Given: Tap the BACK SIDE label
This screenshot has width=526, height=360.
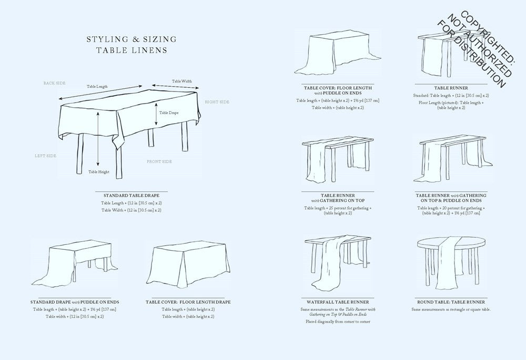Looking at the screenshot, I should pos(54,83).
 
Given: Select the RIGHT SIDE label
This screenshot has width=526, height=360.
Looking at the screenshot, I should pos(217,101).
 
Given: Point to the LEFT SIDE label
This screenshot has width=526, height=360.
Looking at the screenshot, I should pos(45,156).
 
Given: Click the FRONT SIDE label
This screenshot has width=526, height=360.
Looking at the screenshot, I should pos(159,161).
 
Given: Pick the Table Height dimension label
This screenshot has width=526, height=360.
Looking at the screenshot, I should pos(99,172).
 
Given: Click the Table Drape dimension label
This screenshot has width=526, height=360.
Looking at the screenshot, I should pos(169,112).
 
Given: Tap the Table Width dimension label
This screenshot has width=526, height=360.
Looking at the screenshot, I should pos(182,81).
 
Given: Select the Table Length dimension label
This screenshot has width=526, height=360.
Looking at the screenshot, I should pos(98,86).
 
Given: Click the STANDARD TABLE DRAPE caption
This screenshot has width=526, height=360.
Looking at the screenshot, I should pos(131,196).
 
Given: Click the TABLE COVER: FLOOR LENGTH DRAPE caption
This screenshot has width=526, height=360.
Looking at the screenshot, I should pos(188,302).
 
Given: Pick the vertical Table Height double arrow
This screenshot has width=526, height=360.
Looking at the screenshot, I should pos(98,139).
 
